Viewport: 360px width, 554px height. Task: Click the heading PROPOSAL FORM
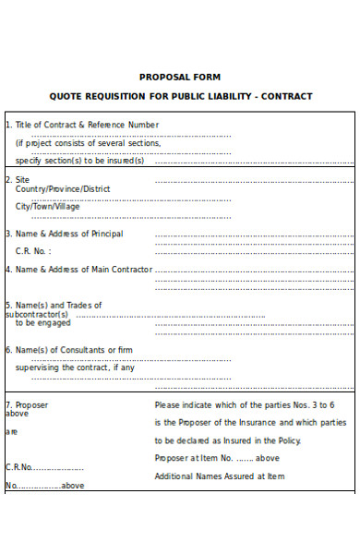(180, 78)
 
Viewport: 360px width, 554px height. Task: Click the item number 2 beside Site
(8, 179)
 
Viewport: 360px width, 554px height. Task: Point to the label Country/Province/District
(63, 188)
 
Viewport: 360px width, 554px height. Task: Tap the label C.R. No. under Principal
(33, 251)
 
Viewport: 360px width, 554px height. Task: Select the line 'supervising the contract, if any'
(75, 367)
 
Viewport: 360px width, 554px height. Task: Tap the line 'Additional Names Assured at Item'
(220, 476)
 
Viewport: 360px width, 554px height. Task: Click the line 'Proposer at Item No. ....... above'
(217, 458)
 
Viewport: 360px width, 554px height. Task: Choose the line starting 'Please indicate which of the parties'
(245, 404)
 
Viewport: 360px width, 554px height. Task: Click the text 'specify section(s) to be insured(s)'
(80, 161)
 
